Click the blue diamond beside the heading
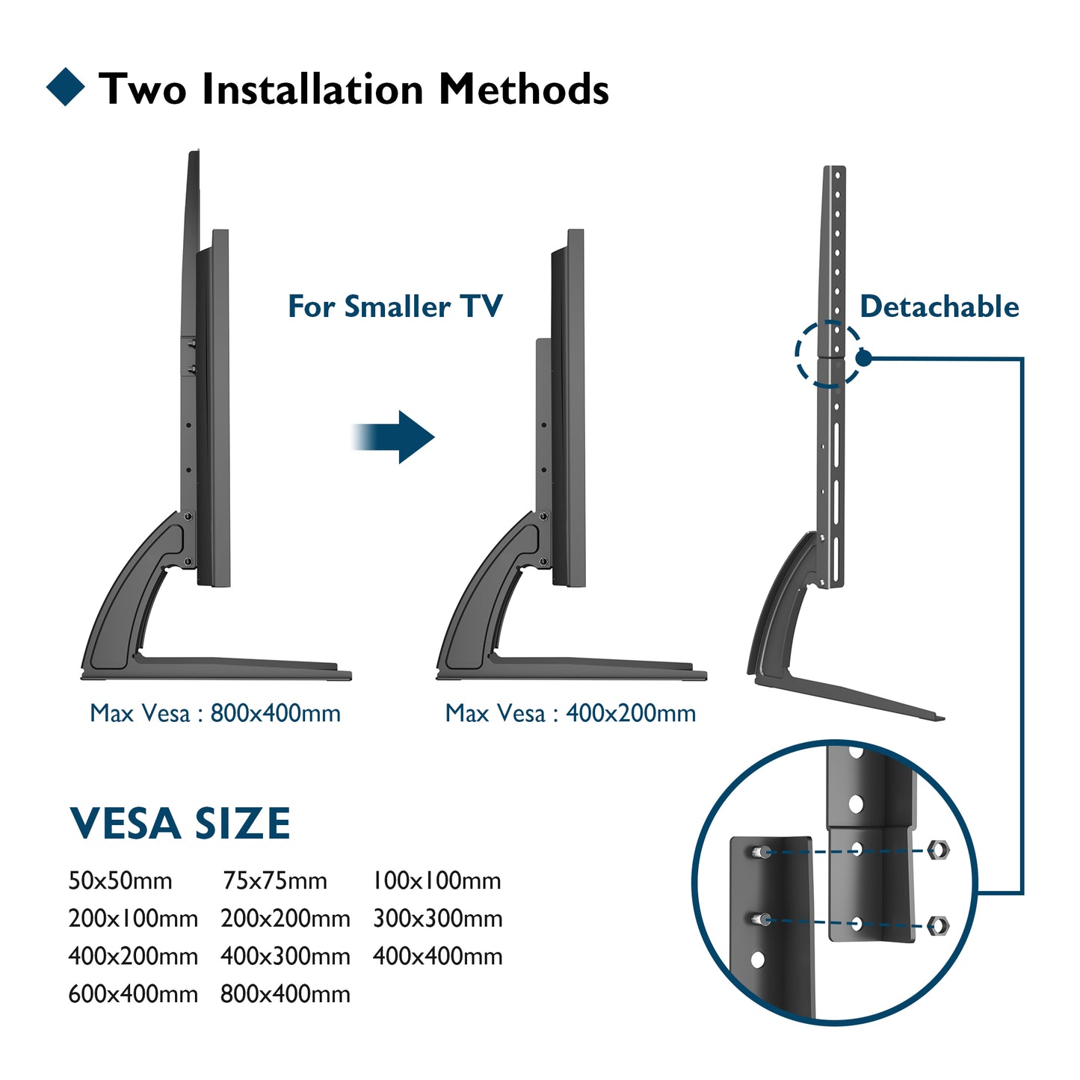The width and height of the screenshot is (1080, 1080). pyautogui.click(x=66, y=87)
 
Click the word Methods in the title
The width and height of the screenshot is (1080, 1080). pyautogui.click(x=523, y=89)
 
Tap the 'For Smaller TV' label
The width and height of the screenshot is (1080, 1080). pyautogui.click(x=395, y=306)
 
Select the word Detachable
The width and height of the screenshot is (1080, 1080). pyautogui.click(x=939, y=306)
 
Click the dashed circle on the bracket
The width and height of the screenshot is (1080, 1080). pyautogui.click(x=827, y=354)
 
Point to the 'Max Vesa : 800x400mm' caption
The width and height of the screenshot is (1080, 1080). pyautogui.click(x=215, y=713)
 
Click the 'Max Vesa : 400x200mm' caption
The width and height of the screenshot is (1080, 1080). pyautogui.click(x=570, y=713)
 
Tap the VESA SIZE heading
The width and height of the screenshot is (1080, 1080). pyautogui.click(x=179, y=824)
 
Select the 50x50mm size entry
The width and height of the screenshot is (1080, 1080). pyautogui.click(x=120, y=880)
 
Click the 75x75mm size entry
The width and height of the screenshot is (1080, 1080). pyautogui.click(x=275, y=880)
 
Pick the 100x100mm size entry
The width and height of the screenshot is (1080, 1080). pyautogui.click(x=436, y=880)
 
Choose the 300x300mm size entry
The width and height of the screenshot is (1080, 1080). pyautogui.click(x=437, y=919)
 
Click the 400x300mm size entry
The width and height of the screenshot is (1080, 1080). pyautogui.click(x=286, y=956)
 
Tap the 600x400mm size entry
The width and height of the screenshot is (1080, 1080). pyautogui.click(x=133, y=994)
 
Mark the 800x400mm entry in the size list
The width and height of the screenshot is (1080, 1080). pyautogui.click(x=286, y=994)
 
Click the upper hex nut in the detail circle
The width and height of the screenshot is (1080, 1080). pyautogui.click(x=938, y=849)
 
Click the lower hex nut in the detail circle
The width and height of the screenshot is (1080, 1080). pyautogui.click(x=937, y=925)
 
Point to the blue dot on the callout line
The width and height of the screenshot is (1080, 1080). pyautogui.click(x=863, y=358)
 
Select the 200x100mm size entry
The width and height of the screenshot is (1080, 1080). pyautogui.click(x=133, y=919)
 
